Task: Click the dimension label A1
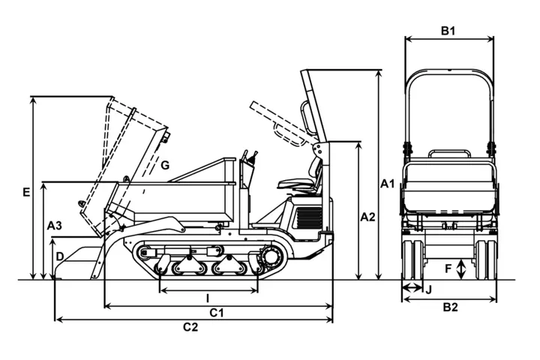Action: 387,183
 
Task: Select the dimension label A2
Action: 367,217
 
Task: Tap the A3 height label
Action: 54,225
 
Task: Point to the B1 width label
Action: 448,31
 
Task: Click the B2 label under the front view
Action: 449,307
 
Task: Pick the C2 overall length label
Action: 190,327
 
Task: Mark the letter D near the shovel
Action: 59,256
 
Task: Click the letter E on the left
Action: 26,193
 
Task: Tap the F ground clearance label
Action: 448,268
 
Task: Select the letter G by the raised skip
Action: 165,165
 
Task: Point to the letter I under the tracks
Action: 208,298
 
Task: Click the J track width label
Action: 429,288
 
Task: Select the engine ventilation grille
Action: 308,218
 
